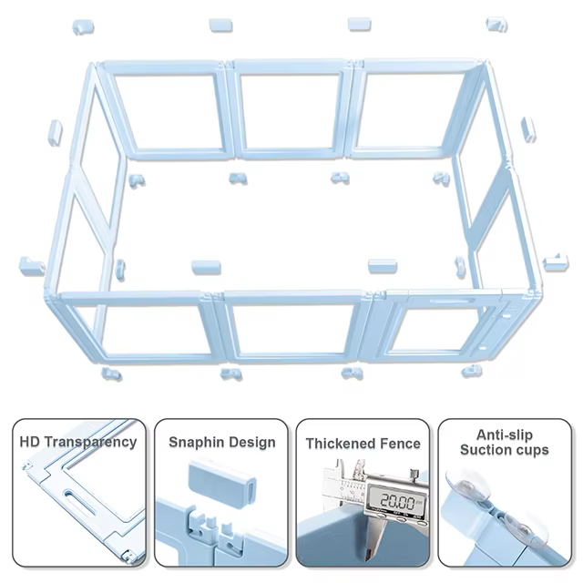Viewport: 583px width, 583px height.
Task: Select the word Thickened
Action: pyautogui.click(x=337, y=444)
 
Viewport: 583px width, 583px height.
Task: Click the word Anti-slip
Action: pyautogui.click(x=505, y=435)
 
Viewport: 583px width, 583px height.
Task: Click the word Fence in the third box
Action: pyautogui.click(x=396, y=444)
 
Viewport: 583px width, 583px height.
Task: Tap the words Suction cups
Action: pyautogui.click(x=505, y=450)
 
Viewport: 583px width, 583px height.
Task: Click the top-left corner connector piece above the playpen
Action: pyautogui.click(x=83, y=27)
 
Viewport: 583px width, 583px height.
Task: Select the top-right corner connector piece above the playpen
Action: pyautogui.click(x=496, y=25)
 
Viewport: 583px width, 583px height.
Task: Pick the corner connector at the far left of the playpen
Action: pyautogui.click(x=32, y=266)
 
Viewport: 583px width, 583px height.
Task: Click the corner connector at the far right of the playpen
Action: pyautogui.click(x=556, y=262)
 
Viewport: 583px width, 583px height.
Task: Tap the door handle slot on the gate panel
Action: pyautogui.click(x=453, y=301)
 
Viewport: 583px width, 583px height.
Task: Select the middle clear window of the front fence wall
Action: pyautogui.click(x=292, y=329)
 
